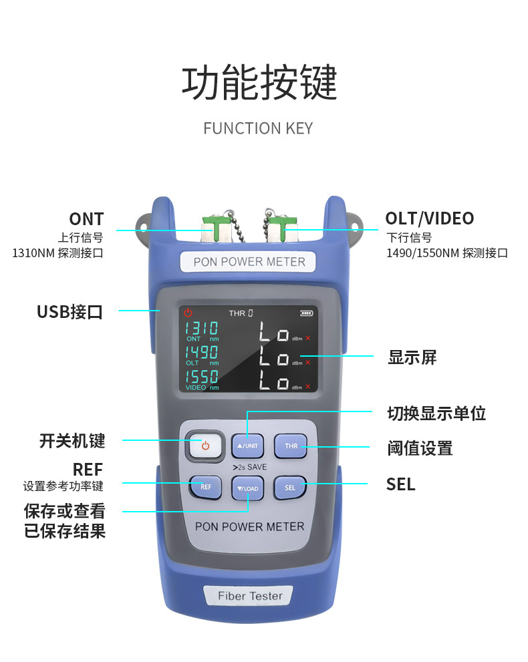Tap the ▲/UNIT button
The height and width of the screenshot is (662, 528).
tap(247, 446)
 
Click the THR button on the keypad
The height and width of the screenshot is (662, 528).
tap(291, 446)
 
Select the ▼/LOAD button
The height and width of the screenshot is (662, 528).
tap(247, 488)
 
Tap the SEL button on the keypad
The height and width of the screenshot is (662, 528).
tap(290, 488)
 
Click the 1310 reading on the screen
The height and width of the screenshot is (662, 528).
tap(201, 328)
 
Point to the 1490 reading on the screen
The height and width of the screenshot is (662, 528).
tap(201, 352)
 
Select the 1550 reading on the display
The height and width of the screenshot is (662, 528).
tap(201, 376)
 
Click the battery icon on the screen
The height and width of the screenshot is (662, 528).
tap(306, 313)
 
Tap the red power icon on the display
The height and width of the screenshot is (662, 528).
tap(188, 313)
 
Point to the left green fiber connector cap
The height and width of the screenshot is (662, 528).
tap(217, 228)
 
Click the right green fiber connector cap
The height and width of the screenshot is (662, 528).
tap(282, 228)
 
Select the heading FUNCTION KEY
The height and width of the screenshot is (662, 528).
tap(258, 128)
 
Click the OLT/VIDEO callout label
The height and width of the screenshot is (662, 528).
tap(430, 218)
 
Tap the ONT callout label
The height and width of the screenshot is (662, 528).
tap(87, 219)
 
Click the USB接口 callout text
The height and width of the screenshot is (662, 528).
tap(70, 312)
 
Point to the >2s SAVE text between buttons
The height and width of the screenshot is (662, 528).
tap(250, 467)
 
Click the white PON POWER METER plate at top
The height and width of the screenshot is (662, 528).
tap(249, 262)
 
